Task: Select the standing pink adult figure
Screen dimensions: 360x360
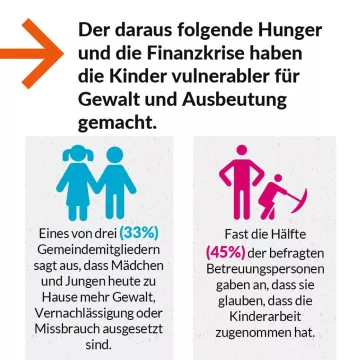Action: click(237, 180)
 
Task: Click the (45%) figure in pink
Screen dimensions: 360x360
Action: click(225, 250)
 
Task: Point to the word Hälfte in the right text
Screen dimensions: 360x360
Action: click(287, 232)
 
